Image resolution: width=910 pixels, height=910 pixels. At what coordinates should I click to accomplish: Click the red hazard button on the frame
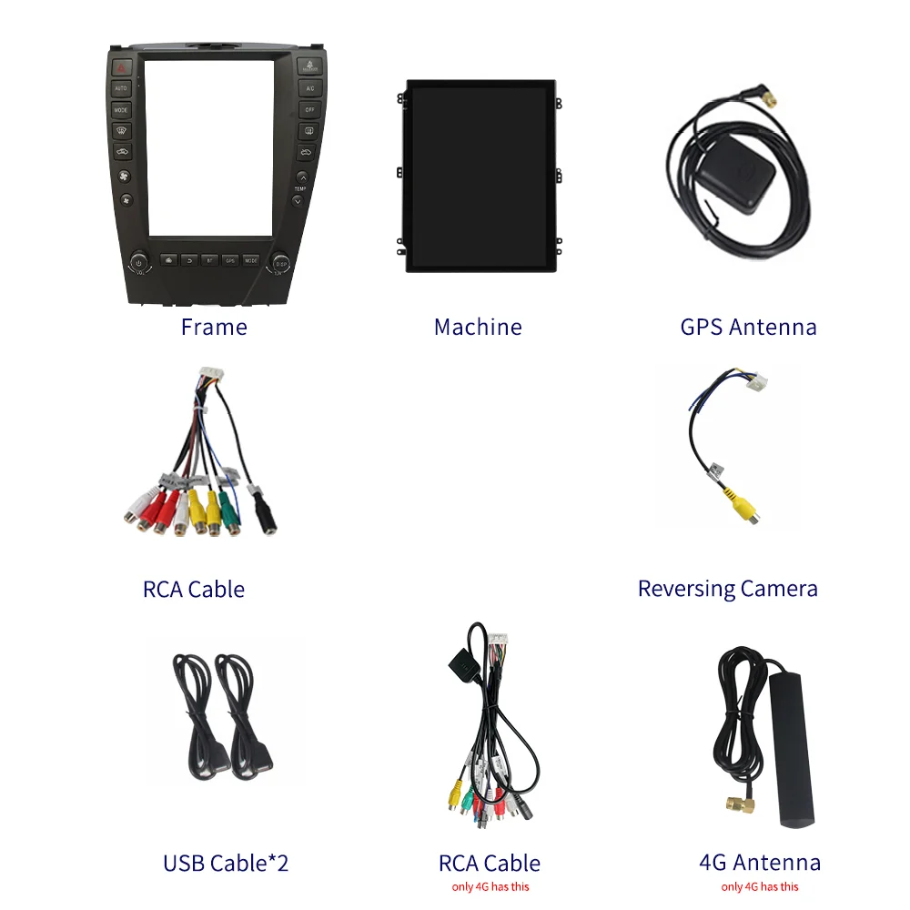pyautogui.click(x=122, y=67)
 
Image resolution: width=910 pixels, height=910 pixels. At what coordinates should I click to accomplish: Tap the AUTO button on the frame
pyautogui.click(x=122, y=88)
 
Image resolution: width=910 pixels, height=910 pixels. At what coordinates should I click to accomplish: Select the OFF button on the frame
pyautogui.click(x=309, y=109)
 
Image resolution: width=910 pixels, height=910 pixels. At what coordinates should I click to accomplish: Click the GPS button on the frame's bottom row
pyautogui.click(x=230, y=260)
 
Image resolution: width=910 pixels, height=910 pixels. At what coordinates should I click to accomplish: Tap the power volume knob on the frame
pyautogui.click(x=138, y=263)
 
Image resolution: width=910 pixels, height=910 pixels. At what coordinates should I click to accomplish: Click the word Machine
pyautogui.click(x=478, y=327)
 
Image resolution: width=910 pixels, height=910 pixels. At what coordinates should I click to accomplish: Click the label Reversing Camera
pyautogui.click(x=727, y=589)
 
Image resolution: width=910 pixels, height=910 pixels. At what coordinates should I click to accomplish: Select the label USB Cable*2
pyautogui.click(x=226, y=863)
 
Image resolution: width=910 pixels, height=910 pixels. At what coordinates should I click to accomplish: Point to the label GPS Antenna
pyautogui.click(x=748, y=327)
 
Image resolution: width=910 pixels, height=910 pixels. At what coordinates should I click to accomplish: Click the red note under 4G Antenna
pyautogui.click(x=759, y=886)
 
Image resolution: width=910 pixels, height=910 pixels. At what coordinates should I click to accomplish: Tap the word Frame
pyautogui.click(x=214, y=327)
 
